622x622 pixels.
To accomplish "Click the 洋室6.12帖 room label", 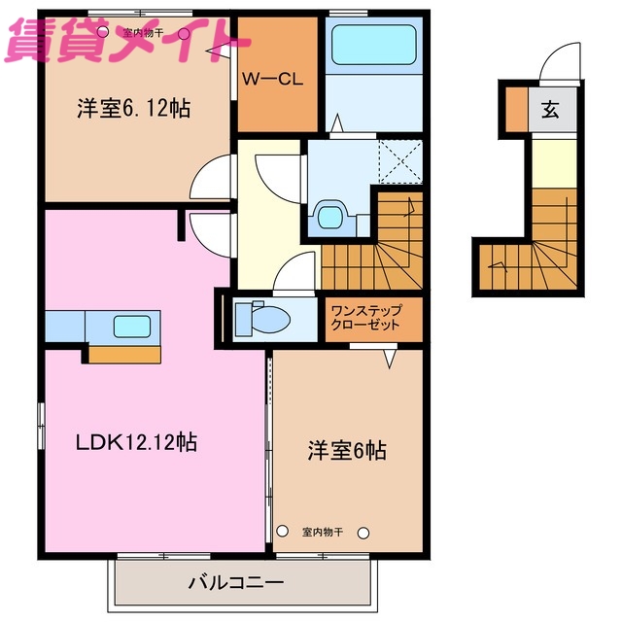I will (x=133, y=110).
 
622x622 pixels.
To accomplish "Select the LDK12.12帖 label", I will (x=137, y=442).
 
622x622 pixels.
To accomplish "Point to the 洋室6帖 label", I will (x=347, y=450).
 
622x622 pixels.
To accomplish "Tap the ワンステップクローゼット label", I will (x=364, y=318).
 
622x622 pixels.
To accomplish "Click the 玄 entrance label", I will (x=550, y=109).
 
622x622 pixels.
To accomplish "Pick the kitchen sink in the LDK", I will (x=130, y=326).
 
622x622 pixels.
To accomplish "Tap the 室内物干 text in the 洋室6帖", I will (x=323, y=532).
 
